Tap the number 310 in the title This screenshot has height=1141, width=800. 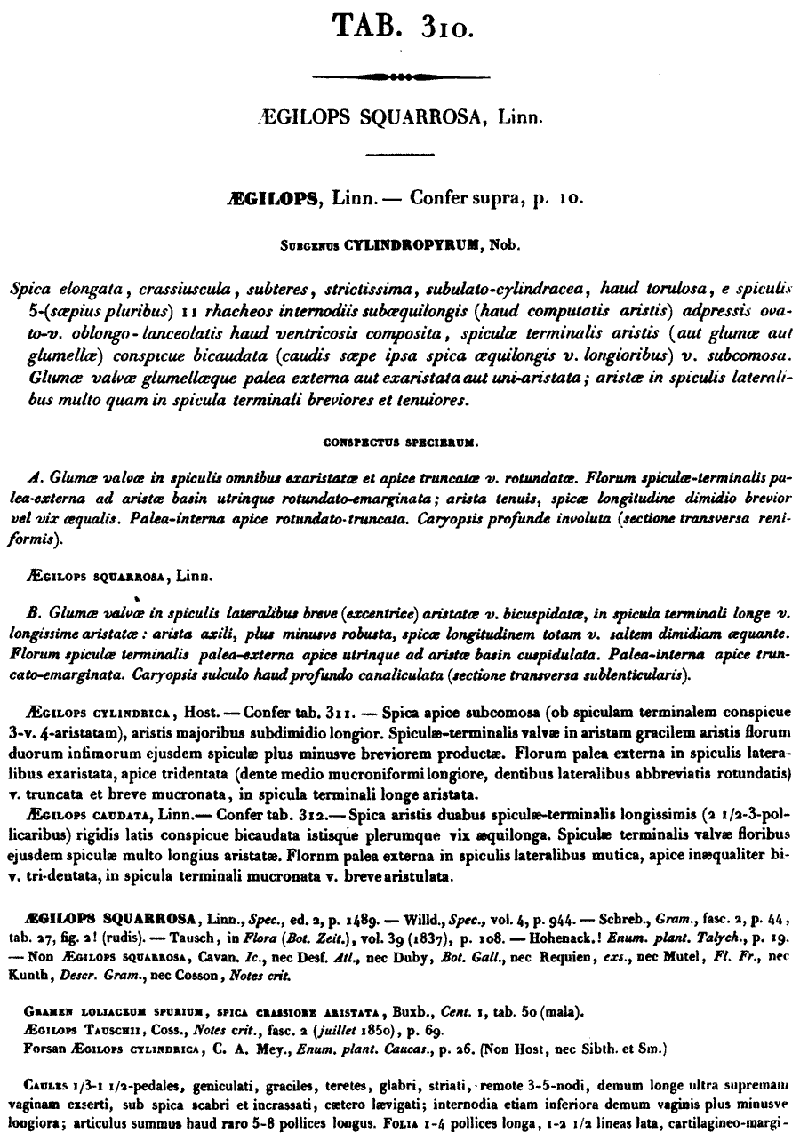pyautogui.click(x=447, y=28)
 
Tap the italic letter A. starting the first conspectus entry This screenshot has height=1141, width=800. pyautogui.click(x=34, y=475)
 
